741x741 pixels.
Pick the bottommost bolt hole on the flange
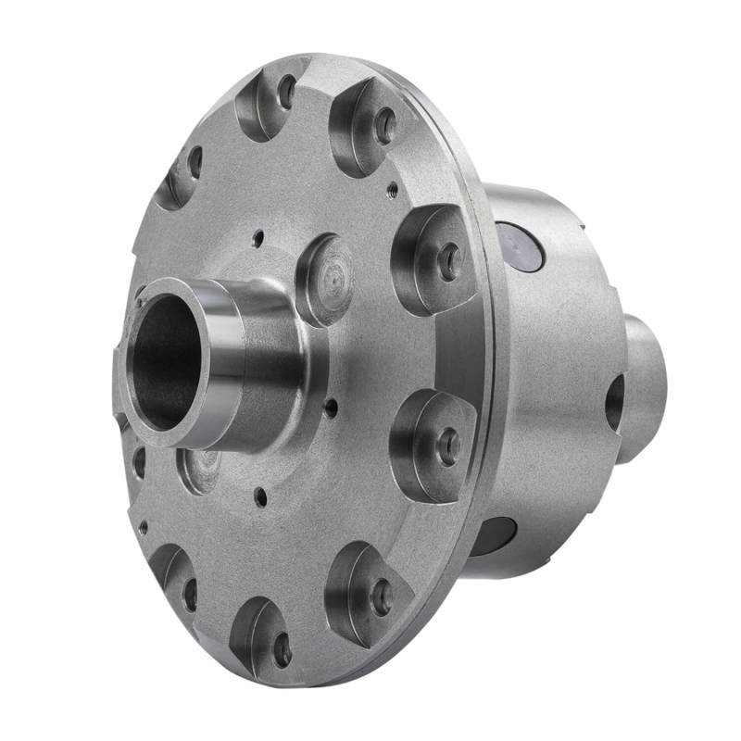(283, 649)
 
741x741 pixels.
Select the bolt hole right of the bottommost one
(382, 597)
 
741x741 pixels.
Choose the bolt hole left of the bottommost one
(190, 594)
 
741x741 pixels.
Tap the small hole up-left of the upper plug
(258, 238)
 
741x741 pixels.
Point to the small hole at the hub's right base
(330, 404)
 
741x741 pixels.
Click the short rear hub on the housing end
(645, 384)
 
